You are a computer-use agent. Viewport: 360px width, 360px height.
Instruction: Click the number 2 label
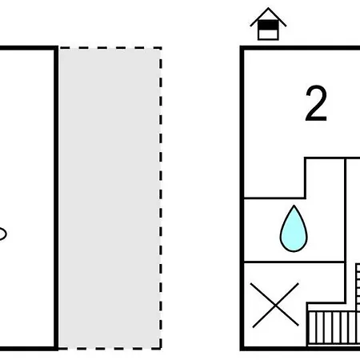point(316,103)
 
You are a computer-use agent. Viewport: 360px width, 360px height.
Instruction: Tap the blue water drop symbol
point(294,229)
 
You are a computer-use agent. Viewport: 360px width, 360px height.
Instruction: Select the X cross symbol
point(274,305)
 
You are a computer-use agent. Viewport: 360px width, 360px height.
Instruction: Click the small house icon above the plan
point(268,24)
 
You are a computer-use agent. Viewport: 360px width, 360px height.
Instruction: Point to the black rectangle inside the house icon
point(268,26)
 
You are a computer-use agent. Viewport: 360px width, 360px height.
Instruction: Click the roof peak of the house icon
point(268,8)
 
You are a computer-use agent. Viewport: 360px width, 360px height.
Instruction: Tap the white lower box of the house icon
point(268,34)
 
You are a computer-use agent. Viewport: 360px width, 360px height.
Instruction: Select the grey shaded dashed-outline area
point(110,198)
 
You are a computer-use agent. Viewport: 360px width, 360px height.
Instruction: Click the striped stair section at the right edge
point(358,286)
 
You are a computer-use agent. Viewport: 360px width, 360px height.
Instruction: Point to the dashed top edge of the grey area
point(110,48)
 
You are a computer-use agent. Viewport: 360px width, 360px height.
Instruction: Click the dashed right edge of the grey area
point(161,198)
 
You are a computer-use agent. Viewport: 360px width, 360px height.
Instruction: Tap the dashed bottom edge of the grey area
point(110,348)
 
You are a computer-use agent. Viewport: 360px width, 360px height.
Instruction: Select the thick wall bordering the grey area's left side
point(56,198)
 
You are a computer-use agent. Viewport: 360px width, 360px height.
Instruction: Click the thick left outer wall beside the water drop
point(242,230)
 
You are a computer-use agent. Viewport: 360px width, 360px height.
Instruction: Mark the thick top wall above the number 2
point(300,48)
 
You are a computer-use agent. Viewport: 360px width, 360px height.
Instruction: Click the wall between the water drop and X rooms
point(294,262)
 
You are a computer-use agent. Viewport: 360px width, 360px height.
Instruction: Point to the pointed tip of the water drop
point(294,206)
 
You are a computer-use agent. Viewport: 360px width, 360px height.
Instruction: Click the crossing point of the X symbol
point(274,306)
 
